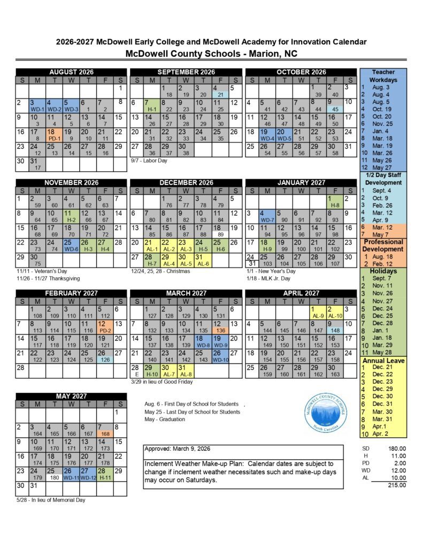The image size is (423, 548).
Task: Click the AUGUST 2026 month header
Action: [x=71, y=72]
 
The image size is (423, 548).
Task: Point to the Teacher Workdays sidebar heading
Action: [x=383, y=75]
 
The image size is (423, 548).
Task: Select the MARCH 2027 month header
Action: [x=186, y=293]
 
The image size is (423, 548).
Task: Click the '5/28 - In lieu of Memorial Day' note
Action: [x=50, y=500]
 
